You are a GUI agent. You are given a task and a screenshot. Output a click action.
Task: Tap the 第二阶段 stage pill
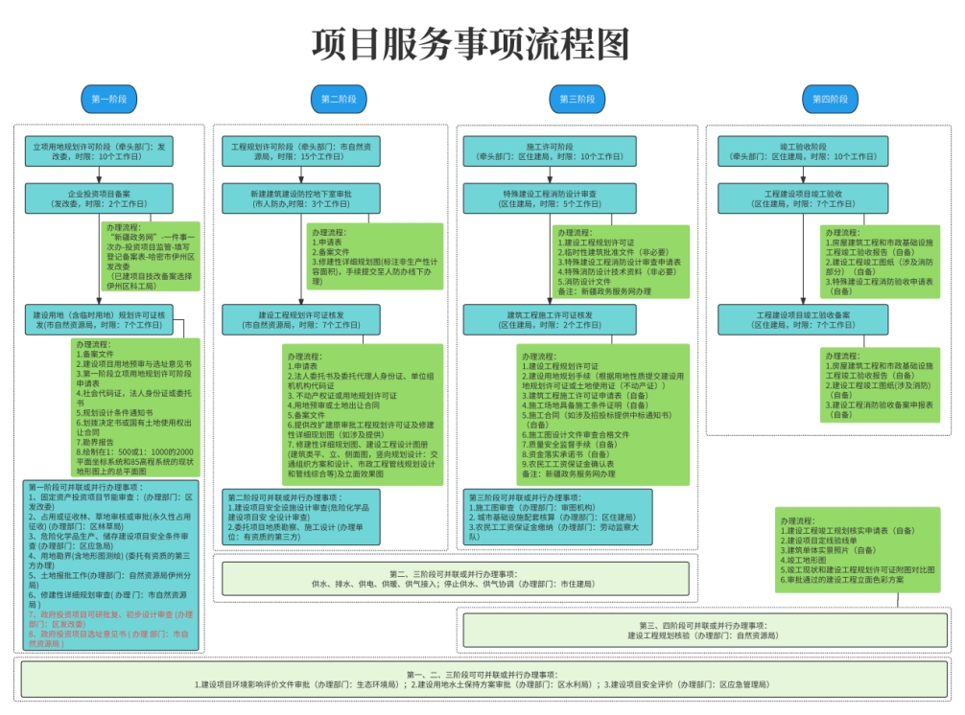[338, 99]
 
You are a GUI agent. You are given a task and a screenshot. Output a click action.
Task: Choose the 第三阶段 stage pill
[577, 99]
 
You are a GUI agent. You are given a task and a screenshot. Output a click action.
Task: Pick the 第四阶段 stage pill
[831, 99]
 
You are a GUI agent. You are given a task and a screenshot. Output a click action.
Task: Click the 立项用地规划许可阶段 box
[99, 150]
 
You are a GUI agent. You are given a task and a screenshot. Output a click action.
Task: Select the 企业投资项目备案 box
[99, 197]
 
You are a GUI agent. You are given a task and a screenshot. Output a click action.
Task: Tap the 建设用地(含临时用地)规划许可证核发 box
[99, 319]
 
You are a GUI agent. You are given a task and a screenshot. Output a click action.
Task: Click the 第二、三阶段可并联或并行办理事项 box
[455, 578]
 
